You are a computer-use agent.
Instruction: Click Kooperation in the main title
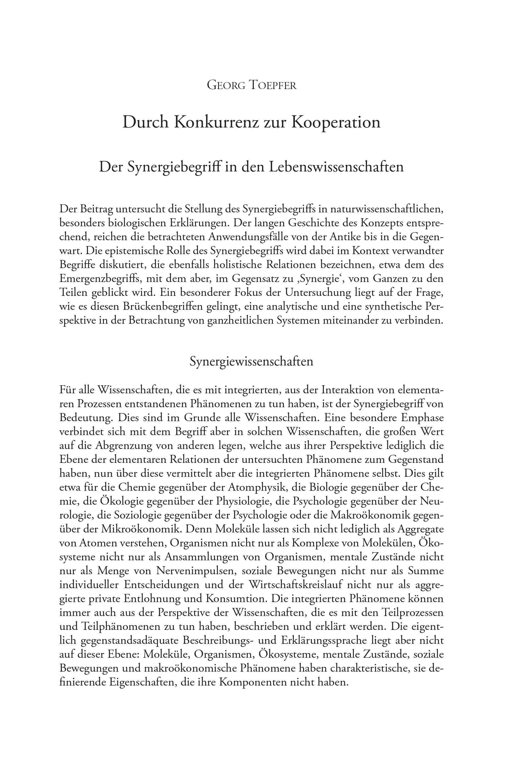336,122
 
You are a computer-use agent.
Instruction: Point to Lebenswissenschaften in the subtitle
336,167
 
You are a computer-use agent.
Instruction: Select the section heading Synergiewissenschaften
251,361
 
